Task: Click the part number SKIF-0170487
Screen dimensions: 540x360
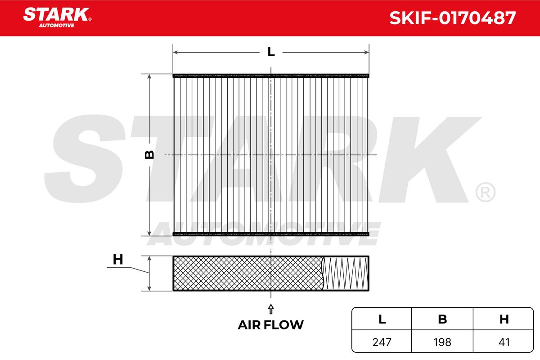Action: click(x=453, y=18)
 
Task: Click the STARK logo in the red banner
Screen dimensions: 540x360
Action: click(x=57, y=14)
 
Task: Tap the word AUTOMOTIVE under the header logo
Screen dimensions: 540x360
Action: click(x=56, y=26)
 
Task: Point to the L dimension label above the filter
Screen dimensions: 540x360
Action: click(x=271, y=52)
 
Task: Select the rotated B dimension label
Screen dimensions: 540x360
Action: click(x=149, y=154)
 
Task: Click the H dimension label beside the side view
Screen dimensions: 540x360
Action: click(x=118, y=260)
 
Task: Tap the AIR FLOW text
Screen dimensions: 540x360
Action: click(x=271, y=325)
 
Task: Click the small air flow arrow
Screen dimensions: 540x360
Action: click(x=271, y=309)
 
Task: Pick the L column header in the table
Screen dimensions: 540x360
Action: click(x=382, y=319)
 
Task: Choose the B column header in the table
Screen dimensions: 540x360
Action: click(x=442, y=319)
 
